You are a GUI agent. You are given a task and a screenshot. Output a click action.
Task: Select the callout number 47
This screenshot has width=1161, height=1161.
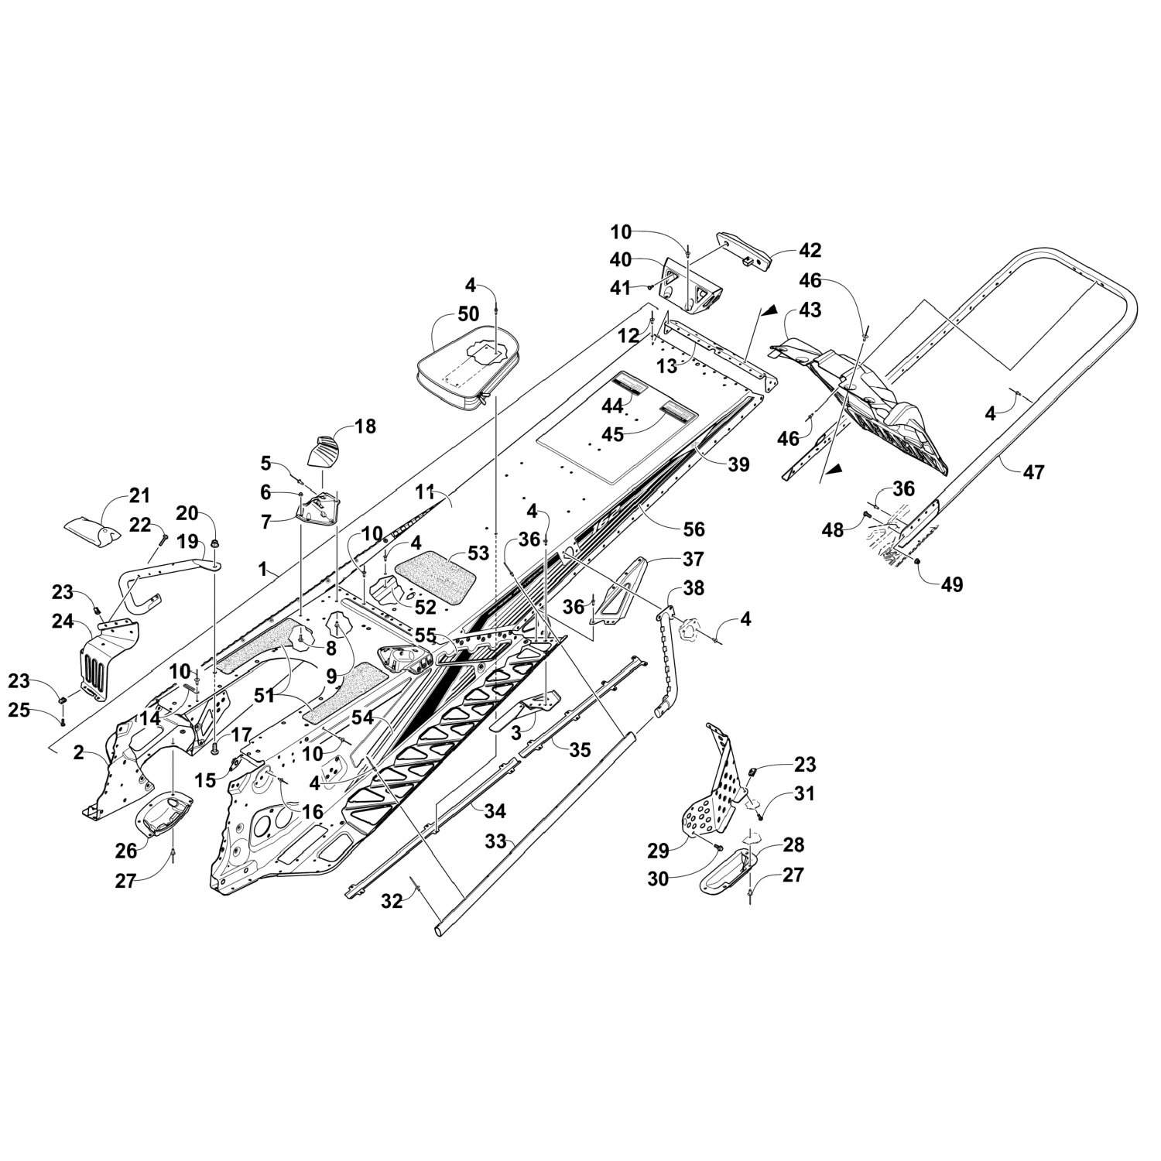pyautogui.click(x=1033, y=471)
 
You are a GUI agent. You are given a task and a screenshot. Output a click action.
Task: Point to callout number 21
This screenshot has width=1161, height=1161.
pyautogui.click(x=139, y=495)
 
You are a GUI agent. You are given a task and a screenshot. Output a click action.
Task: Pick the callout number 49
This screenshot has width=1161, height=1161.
pyautogui.click(x=952, y=584)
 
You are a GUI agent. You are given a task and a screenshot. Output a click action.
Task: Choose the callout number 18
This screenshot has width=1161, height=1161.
pyautogui.click(x=365, y=426)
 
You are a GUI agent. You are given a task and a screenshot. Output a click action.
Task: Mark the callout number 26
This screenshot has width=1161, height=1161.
pyautogui.click(x=126, y=850)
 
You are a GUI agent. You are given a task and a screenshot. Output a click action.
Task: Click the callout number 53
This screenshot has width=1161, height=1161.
pyautogui.click(x=479, y=553)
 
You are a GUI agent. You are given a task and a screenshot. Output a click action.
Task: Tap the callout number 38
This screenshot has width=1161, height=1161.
pyautogui.click(x=694, y=587)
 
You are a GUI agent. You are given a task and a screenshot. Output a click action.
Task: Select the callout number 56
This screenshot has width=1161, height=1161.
pyautogui.click(x=694, y=529)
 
